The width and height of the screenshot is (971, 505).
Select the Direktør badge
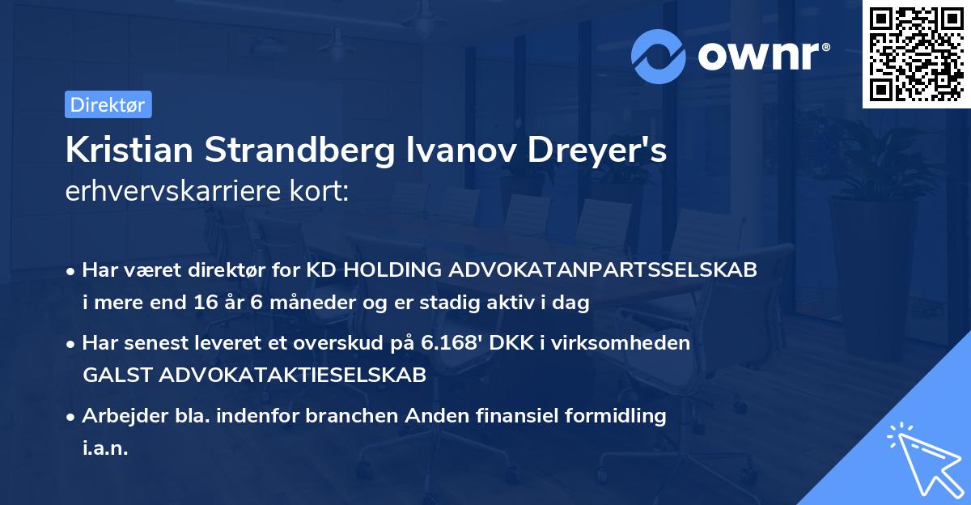pyautogui.click(x=108, y=104)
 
